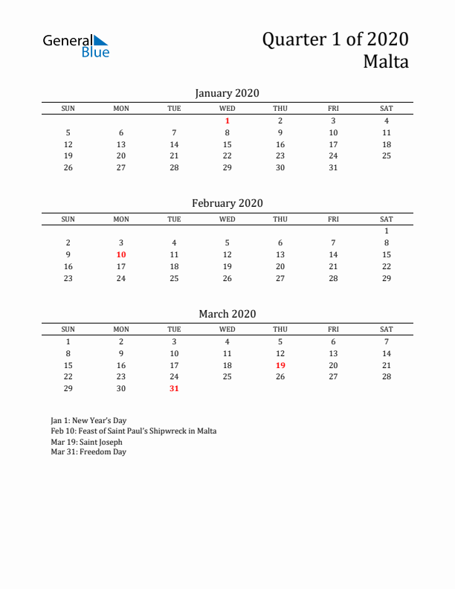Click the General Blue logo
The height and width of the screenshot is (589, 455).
click(76, 45)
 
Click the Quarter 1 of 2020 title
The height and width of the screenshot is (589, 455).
click(335, 39)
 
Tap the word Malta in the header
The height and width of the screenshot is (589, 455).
click(385, 62)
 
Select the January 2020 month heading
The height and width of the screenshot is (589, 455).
click(227, 93)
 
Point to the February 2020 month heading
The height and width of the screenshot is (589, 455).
click(227, 203)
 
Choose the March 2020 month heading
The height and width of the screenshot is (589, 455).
click(227, 314)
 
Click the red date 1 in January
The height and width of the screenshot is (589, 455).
click(227, 120)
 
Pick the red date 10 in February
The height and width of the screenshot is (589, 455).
click(121, 254)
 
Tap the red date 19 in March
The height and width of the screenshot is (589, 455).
click(280, 365)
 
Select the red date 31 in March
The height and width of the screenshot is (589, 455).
click(174, 388)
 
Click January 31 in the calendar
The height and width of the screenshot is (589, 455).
click(333, 167)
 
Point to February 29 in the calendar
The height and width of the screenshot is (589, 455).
click(387, 278)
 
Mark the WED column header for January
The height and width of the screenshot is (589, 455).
click(227, 109)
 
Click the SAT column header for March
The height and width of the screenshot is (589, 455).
click(387, 329)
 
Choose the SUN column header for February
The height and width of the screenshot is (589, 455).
click(68, 219)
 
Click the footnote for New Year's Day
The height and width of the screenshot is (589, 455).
click(84, 420)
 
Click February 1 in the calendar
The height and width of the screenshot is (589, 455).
click(387, 231)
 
